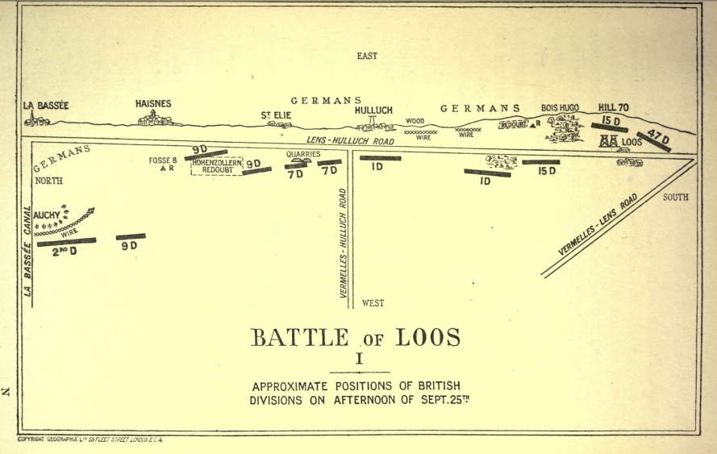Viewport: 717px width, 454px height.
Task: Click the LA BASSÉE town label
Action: point(47,105)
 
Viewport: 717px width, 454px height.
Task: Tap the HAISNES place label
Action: point(153,104)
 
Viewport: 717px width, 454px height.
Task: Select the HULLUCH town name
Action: point(373,110)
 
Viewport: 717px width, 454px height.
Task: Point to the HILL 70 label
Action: point(613,108)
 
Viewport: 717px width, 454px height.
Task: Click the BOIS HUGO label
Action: point(561,108)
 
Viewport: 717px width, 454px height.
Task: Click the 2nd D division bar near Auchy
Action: point(66,241)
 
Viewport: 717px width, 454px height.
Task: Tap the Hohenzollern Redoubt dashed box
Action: point(217,166)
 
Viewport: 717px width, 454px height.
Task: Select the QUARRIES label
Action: point(302,153)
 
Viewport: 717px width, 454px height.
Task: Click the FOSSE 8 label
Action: point(163,160)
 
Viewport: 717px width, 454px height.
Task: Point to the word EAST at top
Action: point(367,56)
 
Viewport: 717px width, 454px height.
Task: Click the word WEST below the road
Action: point(373,303)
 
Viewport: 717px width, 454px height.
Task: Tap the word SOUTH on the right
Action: point(676,198)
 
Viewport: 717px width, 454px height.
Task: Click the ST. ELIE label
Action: point(276,116)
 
